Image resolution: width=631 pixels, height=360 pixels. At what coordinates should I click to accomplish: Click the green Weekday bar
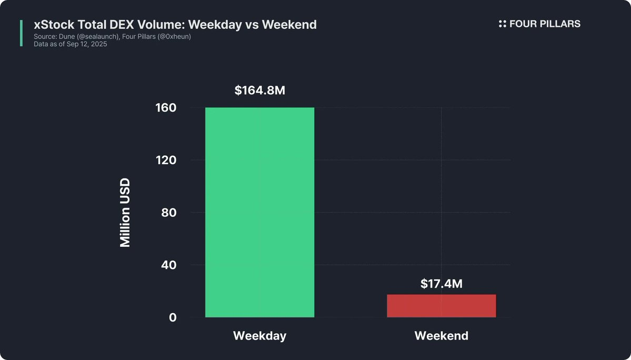coord(259,212)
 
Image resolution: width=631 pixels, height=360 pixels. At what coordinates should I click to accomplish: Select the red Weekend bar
coord(441,306)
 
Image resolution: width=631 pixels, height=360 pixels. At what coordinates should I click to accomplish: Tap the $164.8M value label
coord(260,91)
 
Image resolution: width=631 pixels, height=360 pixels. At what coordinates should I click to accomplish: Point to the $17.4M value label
coord(441,284)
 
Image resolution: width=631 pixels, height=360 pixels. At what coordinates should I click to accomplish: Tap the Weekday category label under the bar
coord(259,336)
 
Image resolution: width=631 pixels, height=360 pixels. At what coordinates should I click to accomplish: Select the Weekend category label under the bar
coord(441,336)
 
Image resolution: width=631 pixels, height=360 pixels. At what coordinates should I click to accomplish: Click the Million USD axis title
coord(125,213)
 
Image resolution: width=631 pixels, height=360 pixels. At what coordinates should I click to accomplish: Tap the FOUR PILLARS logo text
coord(545,24)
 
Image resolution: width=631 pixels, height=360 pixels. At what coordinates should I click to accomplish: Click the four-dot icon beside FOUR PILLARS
coord(502,24)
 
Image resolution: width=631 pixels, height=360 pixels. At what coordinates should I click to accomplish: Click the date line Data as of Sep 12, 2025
coord(70,44)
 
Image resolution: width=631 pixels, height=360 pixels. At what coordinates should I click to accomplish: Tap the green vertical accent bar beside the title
coord(21,33)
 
